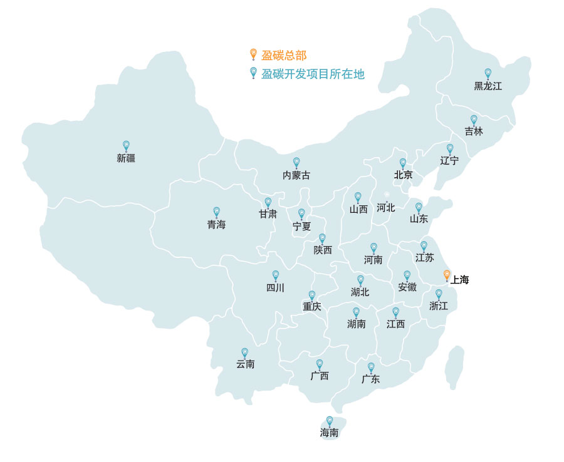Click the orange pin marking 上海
point(446,275)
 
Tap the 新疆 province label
point(126,158)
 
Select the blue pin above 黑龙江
point(488,73)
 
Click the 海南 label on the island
point(330,433)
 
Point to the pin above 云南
point(244,352)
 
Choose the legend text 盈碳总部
point(284,55)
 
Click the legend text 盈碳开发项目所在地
point(313,74)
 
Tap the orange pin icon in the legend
point(253,54)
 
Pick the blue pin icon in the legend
point(253,73)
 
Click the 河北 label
point(386,207)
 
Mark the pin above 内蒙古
point(296,162)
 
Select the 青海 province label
point(216,225)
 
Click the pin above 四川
point(275,275)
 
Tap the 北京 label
point(403,175)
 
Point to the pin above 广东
point(371,367)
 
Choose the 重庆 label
point(311,307)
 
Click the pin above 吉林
point(474,120)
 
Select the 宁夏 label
point(301,227)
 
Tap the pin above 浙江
point(439,294)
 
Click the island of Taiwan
point(454,367)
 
